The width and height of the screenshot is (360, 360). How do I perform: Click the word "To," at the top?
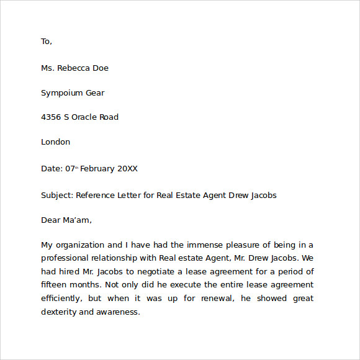click(47, 42)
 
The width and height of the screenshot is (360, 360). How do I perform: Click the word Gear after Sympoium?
click(96, 93)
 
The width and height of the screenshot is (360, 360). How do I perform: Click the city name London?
click(55, 142)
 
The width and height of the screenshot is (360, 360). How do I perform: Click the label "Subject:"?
click(57, 195)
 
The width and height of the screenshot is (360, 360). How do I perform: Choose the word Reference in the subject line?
click(97, 195)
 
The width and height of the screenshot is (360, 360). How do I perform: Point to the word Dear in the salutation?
click(51, 220)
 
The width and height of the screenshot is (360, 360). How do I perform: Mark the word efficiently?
click(61, 299)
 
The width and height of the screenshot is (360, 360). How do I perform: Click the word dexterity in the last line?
click(59, 312)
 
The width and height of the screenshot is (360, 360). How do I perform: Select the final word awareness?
click(119, 312)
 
